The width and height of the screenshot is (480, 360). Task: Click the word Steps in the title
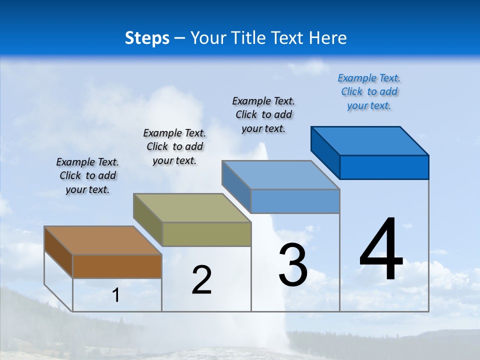(x=147, y=38)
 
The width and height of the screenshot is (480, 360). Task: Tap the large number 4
(x=381, y=249)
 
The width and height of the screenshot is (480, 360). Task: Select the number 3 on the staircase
(x=293, y=265)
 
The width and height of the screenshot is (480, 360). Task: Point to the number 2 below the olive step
(x=201, y=280)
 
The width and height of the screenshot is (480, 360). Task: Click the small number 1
(x=116, y=295)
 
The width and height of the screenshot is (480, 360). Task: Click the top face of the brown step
(x=103, y=240)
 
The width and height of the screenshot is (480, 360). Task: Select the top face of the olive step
(x=192, y=208)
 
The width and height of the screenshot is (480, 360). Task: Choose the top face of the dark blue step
(x=370, y=141)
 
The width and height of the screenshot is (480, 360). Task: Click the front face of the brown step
(x=117, y=266)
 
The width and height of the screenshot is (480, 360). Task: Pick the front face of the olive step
(x=206, y=234)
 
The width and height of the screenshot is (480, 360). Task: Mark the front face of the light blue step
(x=295, y=201)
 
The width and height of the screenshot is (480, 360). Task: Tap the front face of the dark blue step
(x=384, y=167)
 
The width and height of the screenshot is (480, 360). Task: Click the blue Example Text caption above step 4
(x=369, y=92)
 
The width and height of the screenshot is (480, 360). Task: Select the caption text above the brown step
(x=87, y=176)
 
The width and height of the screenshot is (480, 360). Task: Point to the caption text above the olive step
(x=174, y=146)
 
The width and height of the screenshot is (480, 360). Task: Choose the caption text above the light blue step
(x=263, y=114)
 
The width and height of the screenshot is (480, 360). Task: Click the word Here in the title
(x=328, y=38)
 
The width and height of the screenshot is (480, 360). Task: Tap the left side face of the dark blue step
(x=325, y=152)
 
